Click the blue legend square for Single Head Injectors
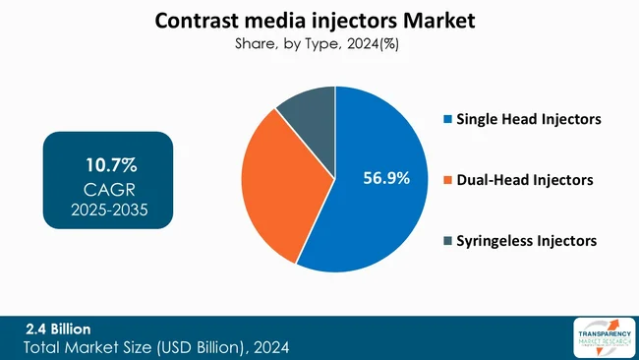click(x=447, y=120)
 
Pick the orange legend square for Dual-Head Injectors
click(x=447, y=180)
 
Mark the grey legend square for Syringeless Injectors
click(x=447, y=240)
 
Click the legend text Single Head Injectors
click(x=529, y=120)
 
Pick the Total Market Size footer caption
click(x=157, y=348)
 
